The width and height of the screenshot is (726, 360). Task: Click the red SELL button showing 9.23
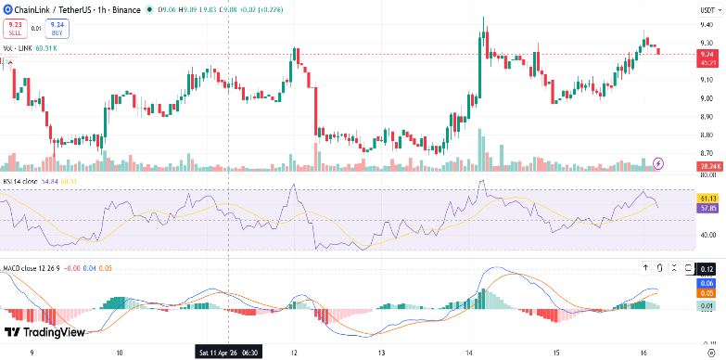(14, 29)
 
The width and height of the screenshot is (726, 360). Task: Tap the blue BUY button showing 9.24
(57, 29)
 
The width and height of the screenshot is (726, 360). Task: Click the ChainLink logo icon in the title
(7, 9)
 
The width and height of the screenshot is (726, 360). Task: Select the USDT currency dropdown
(707, 9)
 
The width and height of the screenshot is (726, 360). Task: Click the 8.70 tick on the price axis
(707, 153)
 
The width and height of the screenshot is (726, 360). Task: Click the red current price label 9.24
(707, 54)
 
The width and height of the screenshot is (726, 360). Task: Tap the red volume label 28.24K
(709, 166)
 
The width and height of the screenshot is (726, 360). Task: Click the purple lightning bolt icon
(659, 163)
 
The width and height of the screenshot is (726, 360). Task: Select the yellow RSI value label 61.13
(707, 199)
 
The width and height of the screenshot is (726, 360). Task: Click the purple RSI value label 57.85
(707, 208)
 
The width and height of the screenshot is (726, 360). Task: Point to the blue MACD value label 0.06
(707, 283)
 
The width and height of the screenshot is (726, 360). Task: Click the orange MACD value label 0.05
(707, 292)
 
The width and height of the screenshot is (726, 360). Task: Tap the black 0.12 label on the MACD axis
(707, 269)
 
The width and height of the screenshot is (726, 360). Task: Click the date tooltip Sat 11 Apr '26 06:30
(228, 353)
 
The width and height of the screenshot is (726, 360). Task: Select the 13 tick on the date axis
(382, 353)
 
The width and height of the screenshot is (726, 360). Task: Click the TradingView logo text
(46, 332)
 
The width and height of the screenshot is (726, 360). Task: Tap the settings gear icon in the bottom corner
(709, 353)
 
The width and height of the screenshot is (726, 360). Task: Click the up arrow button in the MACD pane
(646, 268)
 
